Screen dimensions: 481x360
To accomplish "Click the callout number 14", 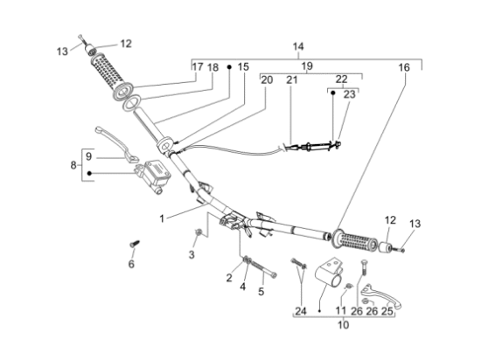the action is [298, 46].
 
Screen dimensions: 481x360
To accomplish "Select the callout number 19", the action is [307, 66].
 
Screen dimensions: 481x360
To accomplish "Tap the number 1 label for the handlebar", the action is [162, 218].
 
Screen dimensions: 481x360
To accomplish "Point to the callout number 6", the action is [131, 264].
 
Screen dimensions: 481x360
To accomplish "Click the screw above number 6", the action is [135, 244].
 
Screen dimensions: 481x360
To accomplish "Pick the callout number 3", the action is [192, 254].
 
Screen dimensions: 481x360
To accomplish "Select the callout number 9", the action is [88, 156].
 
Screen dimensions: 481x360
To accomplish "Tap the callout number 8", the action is [73, 165].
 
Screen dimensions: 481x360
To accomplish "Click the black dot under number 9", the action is [89, 173].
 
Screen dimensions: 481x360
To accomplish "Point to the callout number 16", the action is [404, 67].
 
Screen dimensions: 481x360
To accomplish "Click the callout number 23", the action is [350, 94].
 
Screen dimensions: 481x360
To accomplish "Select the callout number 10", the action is [344, 324].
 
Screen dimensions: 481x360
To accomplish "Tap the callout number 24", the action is [301, 311].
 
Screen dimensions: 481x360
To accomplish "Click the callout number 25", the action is [387, 311].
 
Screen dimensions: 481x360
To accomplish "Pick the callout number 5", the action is [261, 291].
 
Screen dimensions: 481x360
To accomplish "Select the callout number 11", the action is [340, 311].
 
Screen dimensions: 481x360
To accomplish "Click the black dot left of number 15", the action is [229, 66].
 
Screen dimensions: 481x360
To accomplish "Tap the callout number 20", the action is [267, 80].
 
